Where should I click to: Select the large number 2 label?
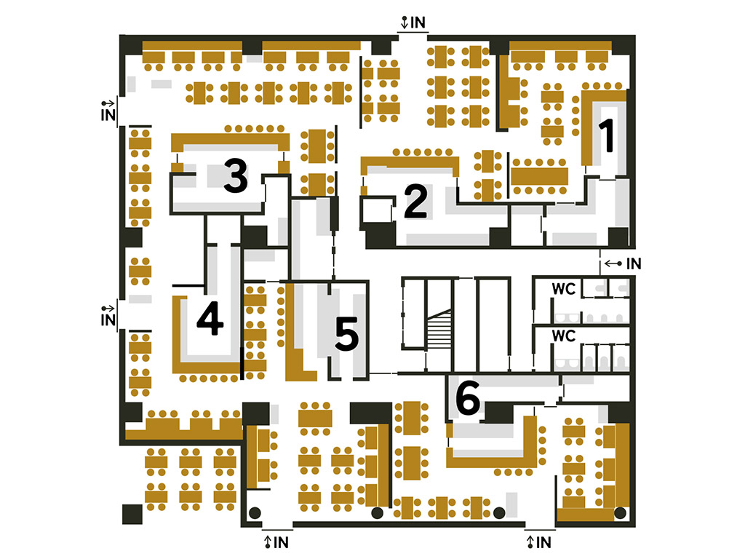[415, 202]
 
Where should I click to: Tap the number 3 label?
[236, 176]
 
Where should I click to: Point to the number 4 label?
[210, 318]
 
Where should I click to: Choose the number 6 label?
[468, 397]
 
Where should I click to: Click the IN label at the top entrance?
[418, 23]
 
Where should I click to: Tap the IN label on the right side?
[634, 263]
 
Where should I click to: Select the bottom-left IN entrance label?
[281, 542]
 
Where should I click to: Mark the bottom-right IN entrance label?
[543, 542]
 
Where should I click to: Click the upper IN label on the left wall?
[108, 115]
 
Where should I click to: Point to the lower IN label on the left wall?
[108, 320]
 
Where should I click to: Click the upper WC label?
[564, 288]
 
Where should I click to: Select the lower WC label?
[564, 336]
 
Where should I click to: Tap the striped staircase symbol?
[439, 329]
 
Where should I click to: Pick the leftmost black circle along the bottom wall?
[255, 513]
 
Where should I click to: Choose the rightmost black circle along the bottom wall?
[620, 513]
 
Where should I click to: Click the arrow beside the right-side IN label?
[613, 263]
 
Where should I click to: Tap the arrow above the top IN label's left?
[405, 23]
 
